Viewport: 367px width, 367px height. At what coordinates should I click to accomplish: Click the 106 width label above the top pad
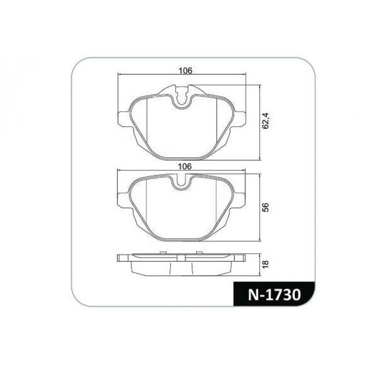coord(185,71)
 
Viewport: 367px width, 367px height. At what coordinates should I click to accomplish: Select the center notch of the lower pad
coord(183,182)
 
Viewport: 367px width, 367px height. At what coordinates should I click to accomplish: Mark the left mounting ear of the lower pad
coord(123,200)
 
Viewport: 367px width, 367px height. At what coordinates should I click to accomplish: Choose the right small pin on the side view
coord(199,253)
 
